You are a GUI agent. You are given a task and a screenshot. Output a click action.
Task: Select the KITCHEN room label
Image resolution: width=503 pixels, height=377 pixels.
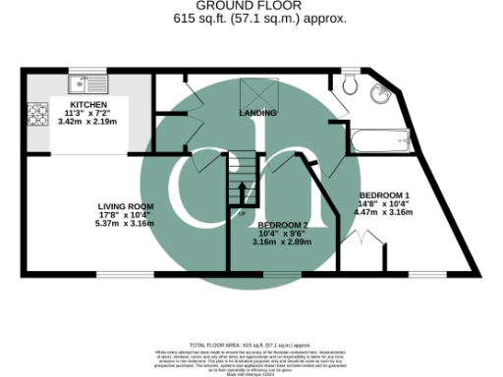88,104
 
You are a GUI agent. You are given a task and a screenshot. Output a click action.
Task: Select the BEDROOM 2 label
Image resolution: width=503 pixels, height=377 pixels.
283,224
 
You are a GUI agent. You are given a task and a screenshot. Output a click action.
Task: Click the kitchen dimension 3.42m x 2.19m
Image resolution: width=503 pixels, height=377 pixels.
88,122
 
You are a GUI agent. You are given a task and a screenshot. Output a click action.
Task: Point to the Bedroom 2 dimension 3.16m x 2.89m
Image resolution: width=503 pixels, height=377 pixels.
283,242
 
